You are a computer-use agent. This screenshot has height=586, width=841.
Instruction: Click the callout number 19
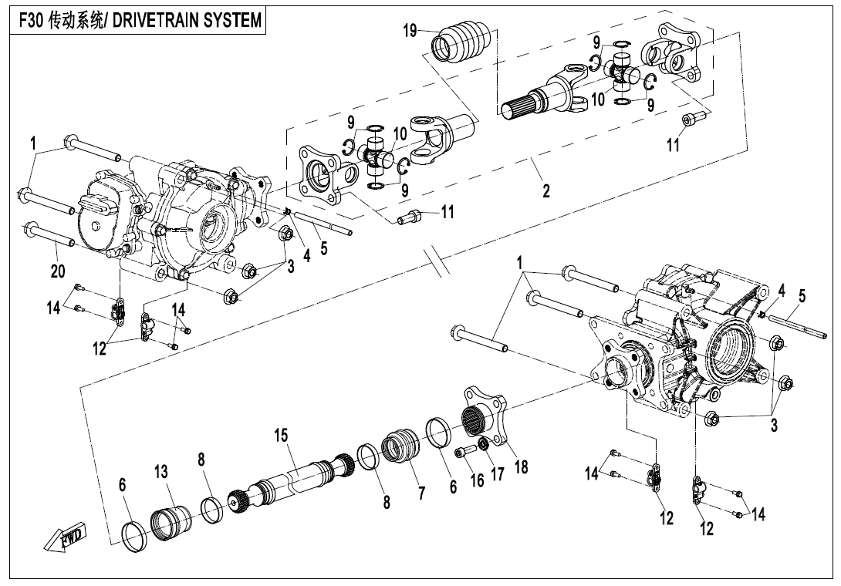[410, 31]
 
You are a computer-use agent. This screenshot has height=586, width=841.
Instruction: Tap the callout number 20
[58, 271]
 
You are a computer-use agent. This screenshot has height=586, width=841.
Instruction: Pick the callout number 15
[282, 436]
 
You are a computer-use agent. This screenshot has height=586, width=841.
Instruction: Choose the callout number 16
[478, 480]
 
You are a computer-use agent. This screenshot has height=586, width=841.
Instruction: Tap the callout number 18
[522, 466]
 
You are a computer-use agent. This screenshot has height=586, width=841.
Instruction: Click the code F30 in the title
[32, 19]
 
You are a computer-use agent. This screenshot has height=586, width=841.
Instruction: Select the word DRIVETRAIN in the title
[154, 19]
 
